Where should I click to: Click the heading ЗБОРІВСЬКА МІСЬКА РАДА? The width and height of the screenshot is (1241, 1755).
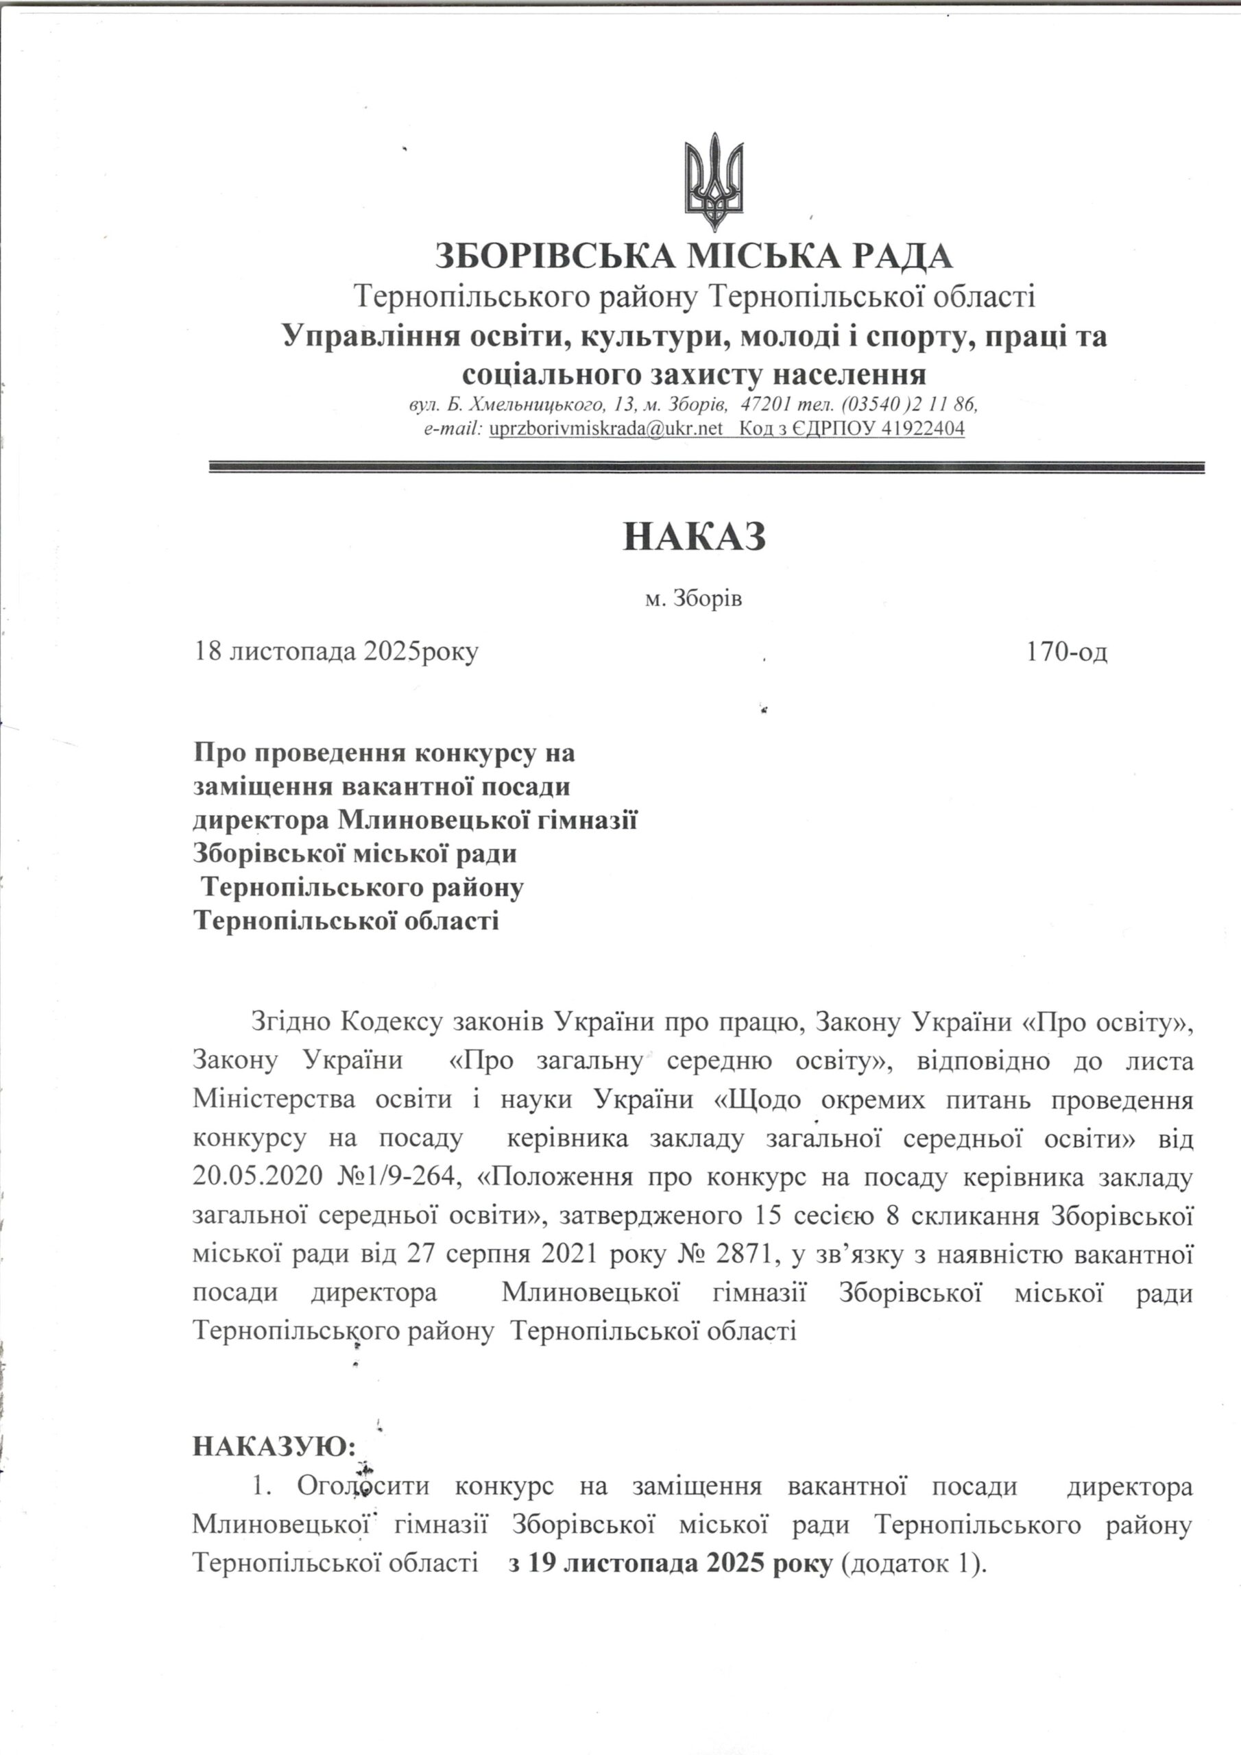(x=695, y=256)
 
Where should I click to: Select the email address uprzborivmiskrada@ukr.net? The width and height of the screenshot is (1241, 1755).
(x=605, y=429)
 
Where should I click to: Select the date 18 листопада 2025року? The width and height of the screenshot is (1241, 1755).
(x=337, y=652)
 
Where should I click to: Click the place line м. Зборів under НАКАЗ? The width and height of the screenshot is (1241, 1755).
(x=695, y=598)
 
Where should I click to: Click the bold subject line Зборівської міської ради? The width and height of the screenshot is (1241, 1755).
(x=356, y=853)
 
